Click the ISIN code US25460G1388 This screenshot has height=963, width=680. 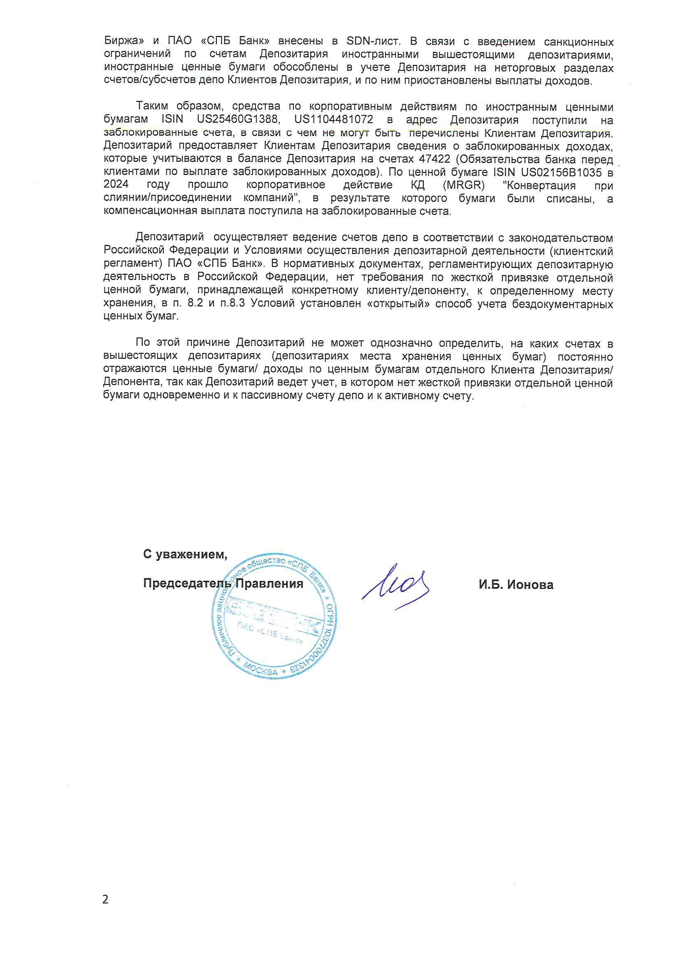[x=237, y=119]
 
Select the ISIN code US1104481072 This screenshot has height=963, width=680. [x=334, y=119]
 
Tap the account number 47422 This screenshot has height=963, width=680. [x=434, y=159]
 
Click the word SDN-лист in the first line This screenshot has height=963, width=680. [x=373, y=41]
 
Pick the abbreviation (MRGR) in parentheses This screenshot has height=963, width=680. [x=463, y=185]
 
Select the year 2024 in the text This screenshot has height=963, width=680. [x=116, y=185]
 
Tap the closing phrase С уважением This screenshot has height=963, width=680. [x=185, y=554]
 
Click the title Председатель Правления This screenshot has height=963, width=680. [x=223, y=584]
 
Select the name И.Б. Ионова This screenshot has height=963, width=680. [x=516, y=585]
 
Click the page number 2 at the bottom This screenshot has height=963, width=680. [x=105, y=899]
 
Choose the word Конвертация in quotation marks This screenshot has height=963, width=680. [x=541, y=185]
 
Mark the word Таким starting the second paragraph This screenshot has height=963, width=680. [x=152, y=106]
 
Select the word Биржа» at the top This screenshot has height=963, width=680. [x=124, y=41]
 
